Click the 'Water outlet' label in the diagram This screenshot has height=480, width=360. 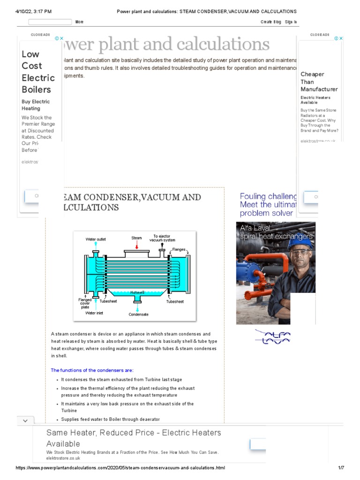(x=96, y=239)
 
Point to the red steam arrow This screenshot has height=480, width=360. (x=136, y=245)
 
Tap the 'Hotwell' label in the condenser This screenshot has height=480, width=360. (x=137, y=292)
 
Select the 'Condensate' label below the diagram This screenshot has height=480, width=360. (x=138, y=315)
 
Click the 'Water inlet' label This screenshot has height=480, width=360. (x=94, y=313)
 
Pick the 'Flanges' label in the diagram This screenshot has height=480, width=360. (x=179, y=249)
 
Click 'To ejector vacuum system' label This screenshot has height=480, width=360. (x=162, y=238)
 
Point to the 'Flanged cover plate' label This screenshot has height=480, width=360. (x=85, y=303)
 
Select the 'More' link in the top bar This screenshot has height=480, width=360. (x=80, y=22)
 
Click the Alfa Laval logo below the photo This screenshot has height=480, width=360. (x=272, y=336)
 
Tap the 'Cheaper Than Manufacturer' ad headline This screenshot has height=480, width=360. (x=319, y=82)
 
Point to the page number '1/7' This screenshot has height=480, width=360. (x=341, y=468)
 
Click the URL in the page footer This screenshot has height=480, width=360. (x=120, y=468)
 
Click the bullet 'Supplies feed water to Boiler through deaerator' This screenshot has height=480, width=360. (x=111, y=419)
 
